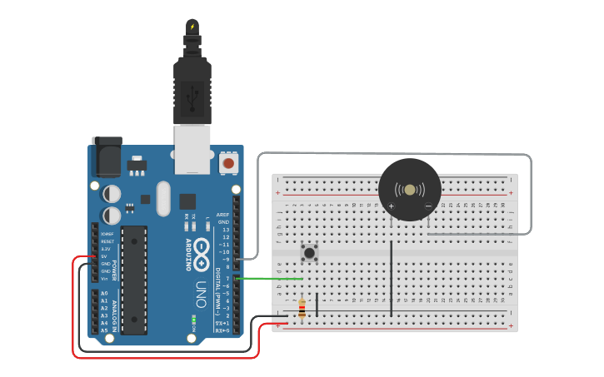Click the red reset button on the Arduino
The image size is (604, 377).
(228, 164)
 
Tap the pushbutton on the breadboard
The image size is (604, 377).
(310, 251)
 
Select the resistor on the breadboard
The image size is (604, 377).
(301, 308)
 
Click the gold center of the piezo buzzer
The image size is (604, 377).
(409, 190)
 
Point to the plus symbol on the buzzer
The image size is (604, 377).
(391, 206)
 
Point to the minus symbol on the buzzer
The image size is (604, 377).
(428, 206)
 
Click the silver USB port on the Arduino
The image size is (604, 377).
(192, 149)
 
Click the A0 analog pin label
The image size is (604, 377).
(104, 294)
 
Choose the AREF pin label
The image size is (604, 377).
(222, 215)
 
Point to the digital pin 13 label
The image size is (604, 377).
(225, 230)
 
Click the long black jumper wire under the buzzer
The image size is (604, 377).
(391, 279)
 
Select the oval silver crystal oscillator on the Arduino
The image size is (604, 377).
(162, 197)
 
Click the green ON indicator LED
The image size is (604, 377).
(193, 318)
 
